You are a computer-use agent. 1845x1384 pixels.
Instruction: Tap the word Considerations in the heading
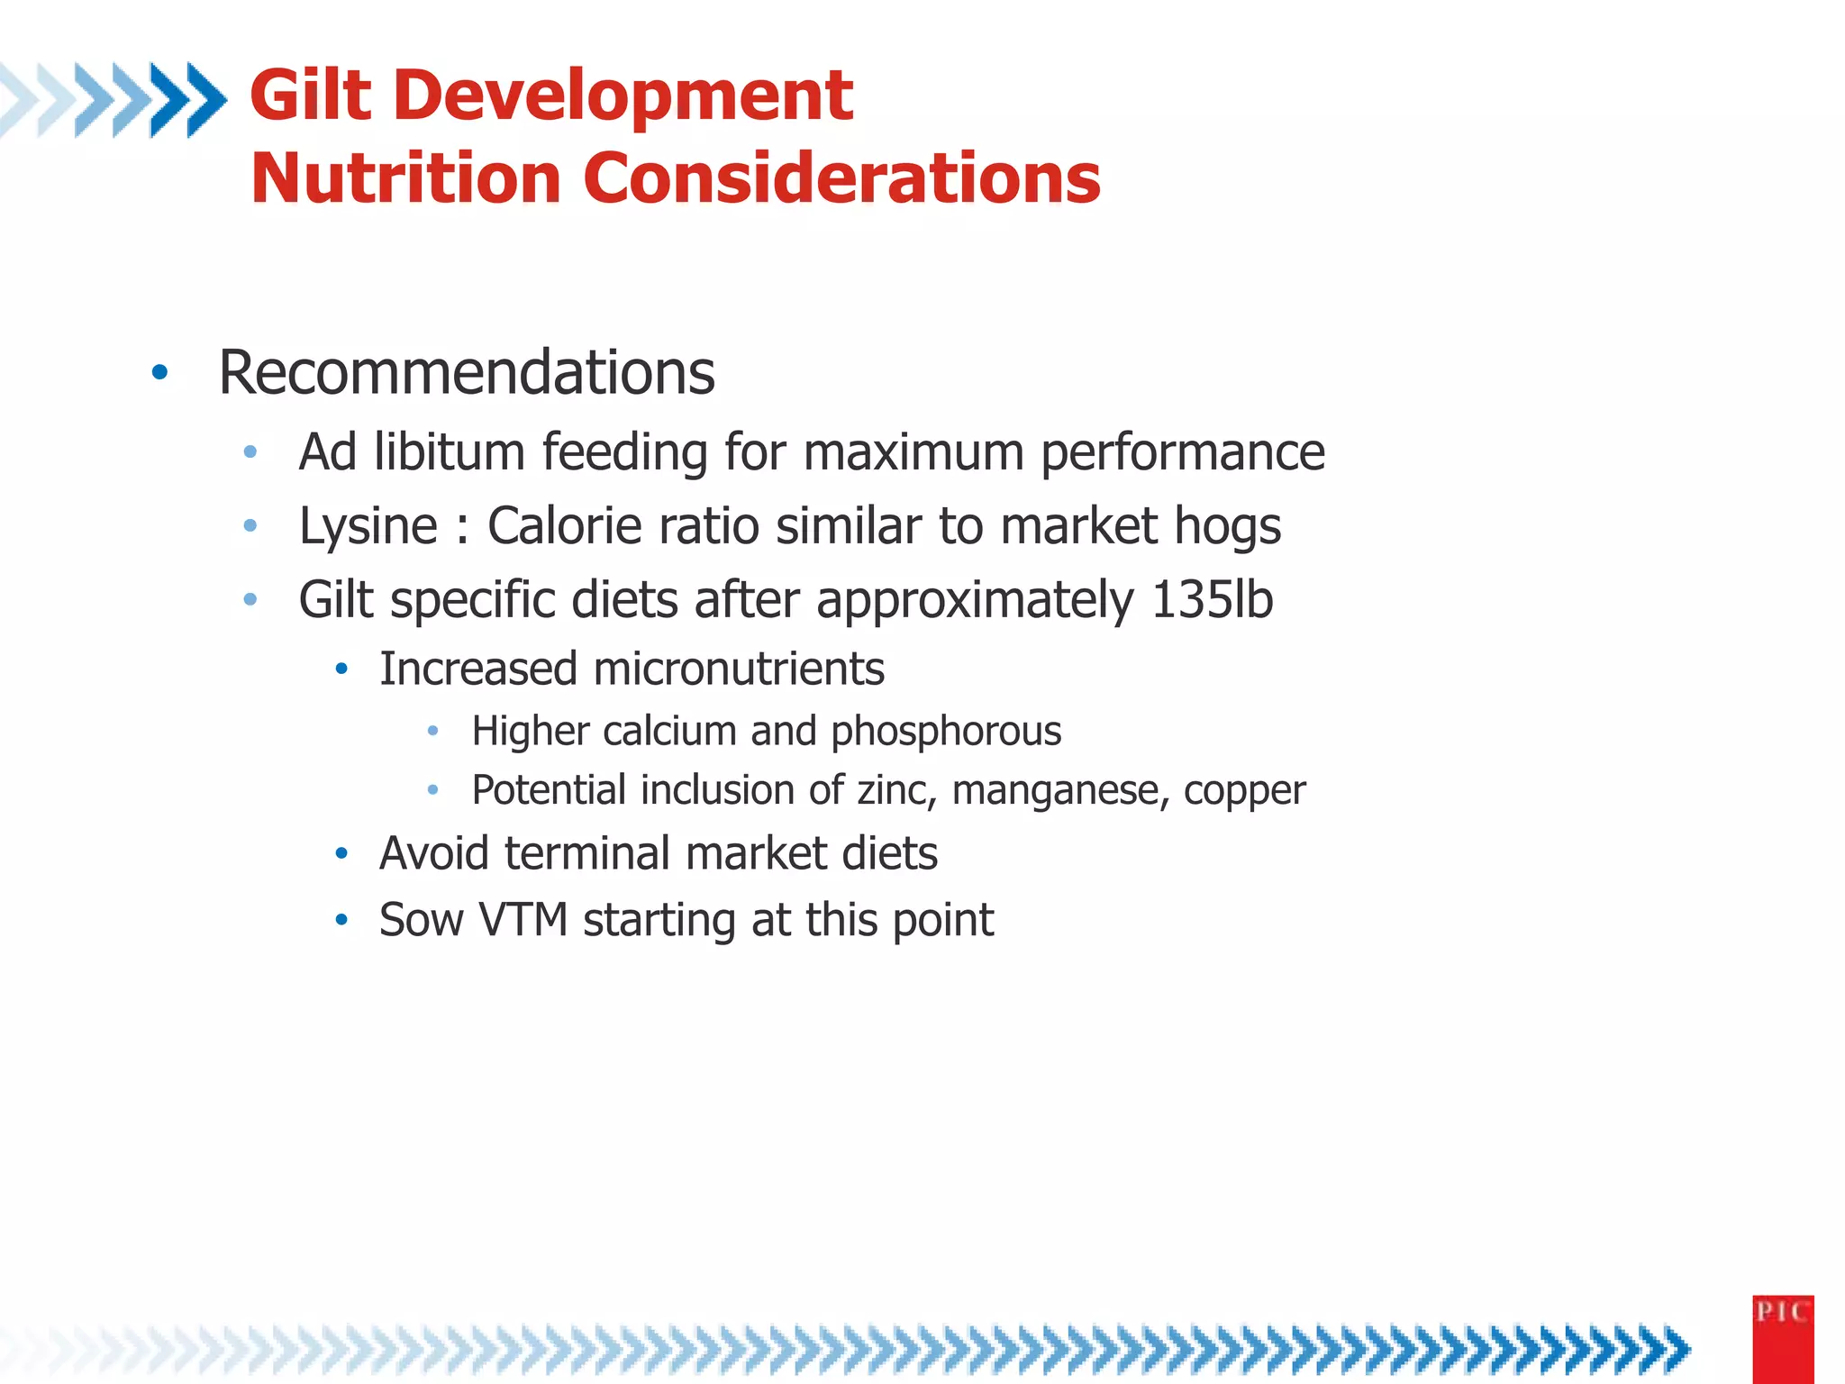(841, 178)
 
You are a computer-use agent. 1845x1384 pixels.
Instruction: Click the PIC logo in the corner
(1782, 1337)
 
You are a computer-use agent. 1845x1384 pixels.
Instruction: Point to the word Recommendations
(467, 372)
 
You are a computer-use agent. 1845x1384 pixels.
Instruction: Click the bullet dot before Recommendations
(159, 372)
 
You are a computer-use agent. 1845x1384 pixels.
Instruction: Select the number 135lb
(1212, 599)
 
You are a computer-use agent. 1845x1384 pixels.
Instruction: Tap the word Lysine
(368, 526)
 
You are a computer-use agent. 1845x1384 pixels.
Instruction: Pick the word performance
(1183, 453)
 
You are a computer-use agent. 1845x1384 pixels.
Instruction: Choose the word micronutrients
(738, 669)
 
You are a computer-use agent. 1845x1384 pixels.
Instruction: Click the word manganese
(1060, 791)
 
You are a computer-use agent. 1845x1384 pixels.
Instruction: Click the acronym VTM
(523, 920)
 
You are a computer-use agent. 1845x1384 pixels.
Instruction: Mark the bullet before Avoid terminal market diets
(341, 853)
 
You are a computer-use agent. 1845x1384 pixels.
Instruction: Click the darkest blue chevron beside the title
(205, 99)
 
